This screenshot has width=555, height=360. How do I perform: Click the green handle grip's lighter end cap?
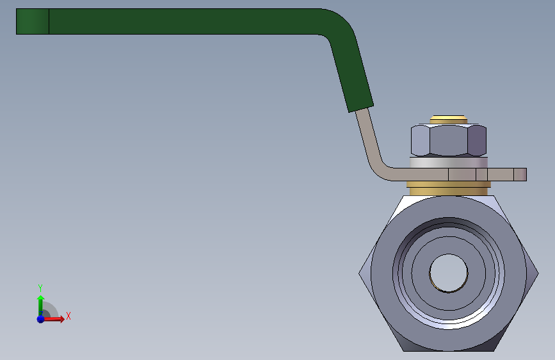(33, 22)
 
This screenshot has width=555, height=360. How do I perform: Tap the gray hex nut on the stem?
(449, 140)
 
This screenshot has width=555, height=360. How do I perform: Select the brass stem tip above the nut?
(449, 119)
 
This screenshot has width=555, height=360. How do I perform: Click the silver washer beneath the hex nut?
(449, 163)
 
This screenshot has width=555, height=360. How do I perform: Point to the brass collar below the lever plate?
(449, 188)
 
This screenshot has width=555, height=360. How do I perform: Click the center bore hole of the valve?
(449, 273)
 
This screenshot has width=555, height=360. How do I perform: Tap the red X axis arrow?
(53, 319)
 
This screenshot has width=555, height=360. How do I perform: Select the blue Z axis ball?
(41, 319)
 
